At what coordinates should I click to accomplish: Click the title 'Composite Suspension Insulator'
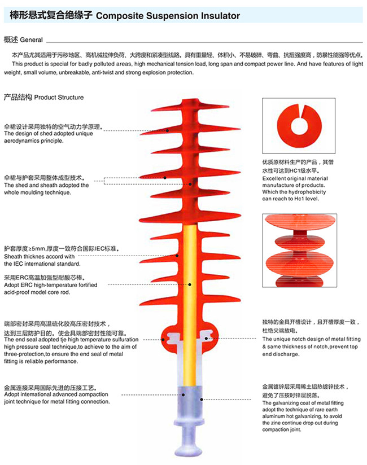(x=168, y=16)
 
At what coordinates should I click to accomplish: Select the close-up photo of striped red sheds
(x=300, y=251)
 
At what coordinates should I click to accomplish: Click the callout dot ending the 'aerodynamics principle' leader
(x=167, y=130)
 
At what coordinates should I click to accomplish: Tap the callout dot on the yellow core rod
(x=190, y=284)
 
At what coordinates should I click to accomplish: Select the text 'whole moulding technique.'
(x=37, y=192)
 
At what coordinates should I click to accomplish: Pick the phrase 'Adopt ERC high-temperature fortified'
(x=51, y=285)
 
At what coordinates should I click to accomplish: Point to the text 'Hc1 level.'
(x=307, y=199)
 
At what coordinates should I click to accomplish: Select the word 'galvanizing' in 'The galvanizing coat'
(x=287, y=403)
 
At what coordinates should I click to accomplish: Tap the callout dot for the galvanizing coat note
(x=202, y=400)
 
